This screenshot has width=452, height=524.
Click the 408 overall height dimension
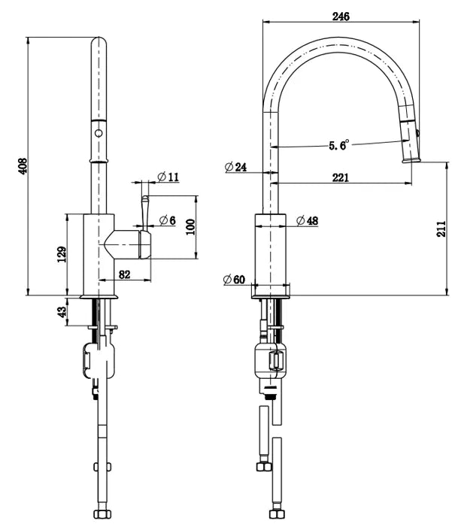(x=23, y=165)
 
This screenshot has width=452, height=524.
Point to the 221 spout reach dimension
(x=340, y=177)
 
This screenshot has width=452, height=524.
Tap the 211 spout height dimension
(x=441, y=226)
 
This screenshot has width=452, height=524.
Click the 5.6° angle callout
(x=338, y=146)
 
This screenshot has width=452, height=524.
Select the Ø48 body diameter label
(x=307, y=221)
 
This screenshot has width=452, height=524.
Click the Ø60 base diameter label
(x=235, y=280)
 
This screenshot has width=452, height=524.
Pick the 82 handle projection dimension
(x=125, y=275)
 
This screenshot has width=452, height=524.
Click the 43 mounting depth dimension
(x=62, y=311)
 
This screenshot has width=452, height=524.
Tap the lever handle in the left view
(x=144, y=210)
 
